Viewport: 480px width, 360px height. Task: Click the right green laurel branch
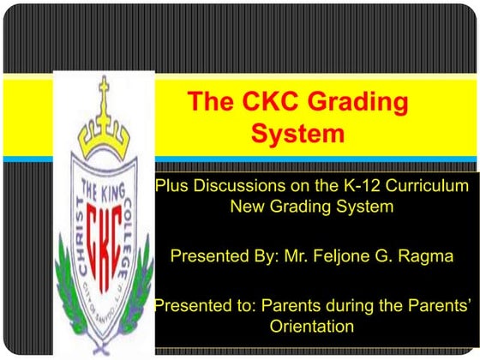coord(146,274)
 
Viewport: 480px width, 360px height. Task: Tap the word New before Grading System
coord(248,207)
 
